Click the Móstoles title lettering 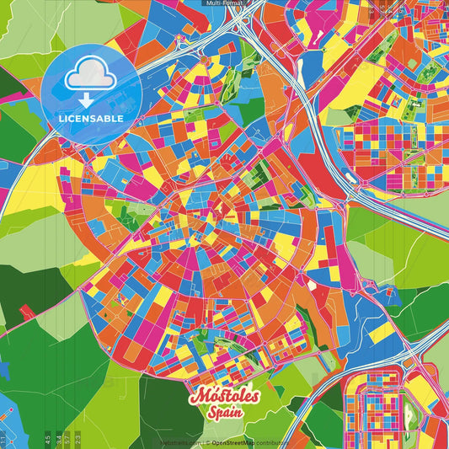[225, 396]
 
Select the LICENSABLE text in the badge [91, 119]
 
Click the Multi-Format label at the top [224, 3]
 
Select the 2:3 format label [77, 439]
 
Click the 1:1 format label [3, 439]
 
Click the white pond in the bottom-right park [411, 413]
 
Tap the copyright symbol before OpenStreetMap [207, 442]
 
